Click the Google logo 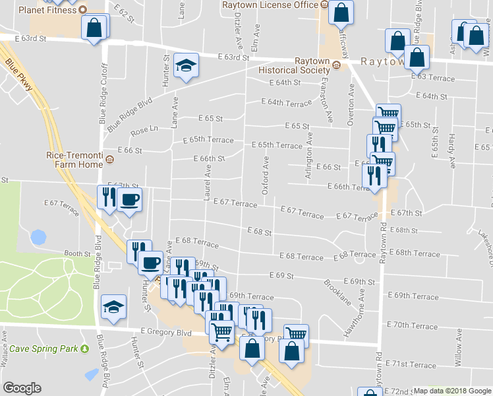click(22, 388)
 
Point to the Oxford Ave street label click(266, 176)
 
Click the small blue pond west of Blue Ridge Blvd click(39, 236)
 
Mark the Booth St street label click(77, 253)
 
